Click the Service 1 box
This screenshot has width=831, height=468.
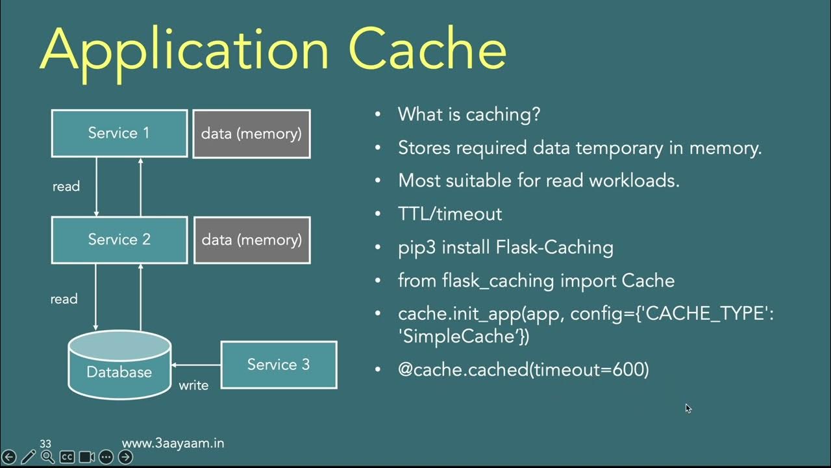[119, 133]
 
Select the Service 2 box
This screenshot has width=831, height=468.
[119, 240]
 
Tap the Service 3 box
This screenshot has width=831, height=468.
[279, 365]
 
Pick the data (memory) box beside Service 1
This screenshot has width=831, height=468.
[251, 134]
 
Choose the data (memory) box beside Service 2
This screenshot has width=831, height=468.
[252, 240]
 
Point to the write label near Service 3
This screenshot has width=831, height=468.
[193, 385]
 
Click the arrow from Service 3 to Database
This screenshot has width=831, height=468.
[196, 365]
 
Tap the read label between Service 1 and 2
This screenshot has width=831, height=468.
[66, 187]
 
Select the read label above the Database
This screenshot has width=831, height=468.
[64, 299]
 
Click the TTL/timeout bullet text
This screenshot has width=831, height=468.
[449, 214]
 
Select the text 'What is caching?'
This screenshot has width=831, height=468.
[469, 114]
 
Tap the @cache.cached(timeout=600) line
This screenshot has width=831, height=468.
[523, 370]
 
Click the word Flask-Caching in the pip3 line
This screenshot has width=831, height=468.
[554, 248]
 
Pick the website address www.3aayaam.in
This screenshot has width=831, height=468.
[173, 443]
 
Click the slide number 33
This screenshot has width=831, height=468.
[45, 444]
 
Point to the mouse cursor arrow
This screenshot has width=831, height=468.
[688, 408]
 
